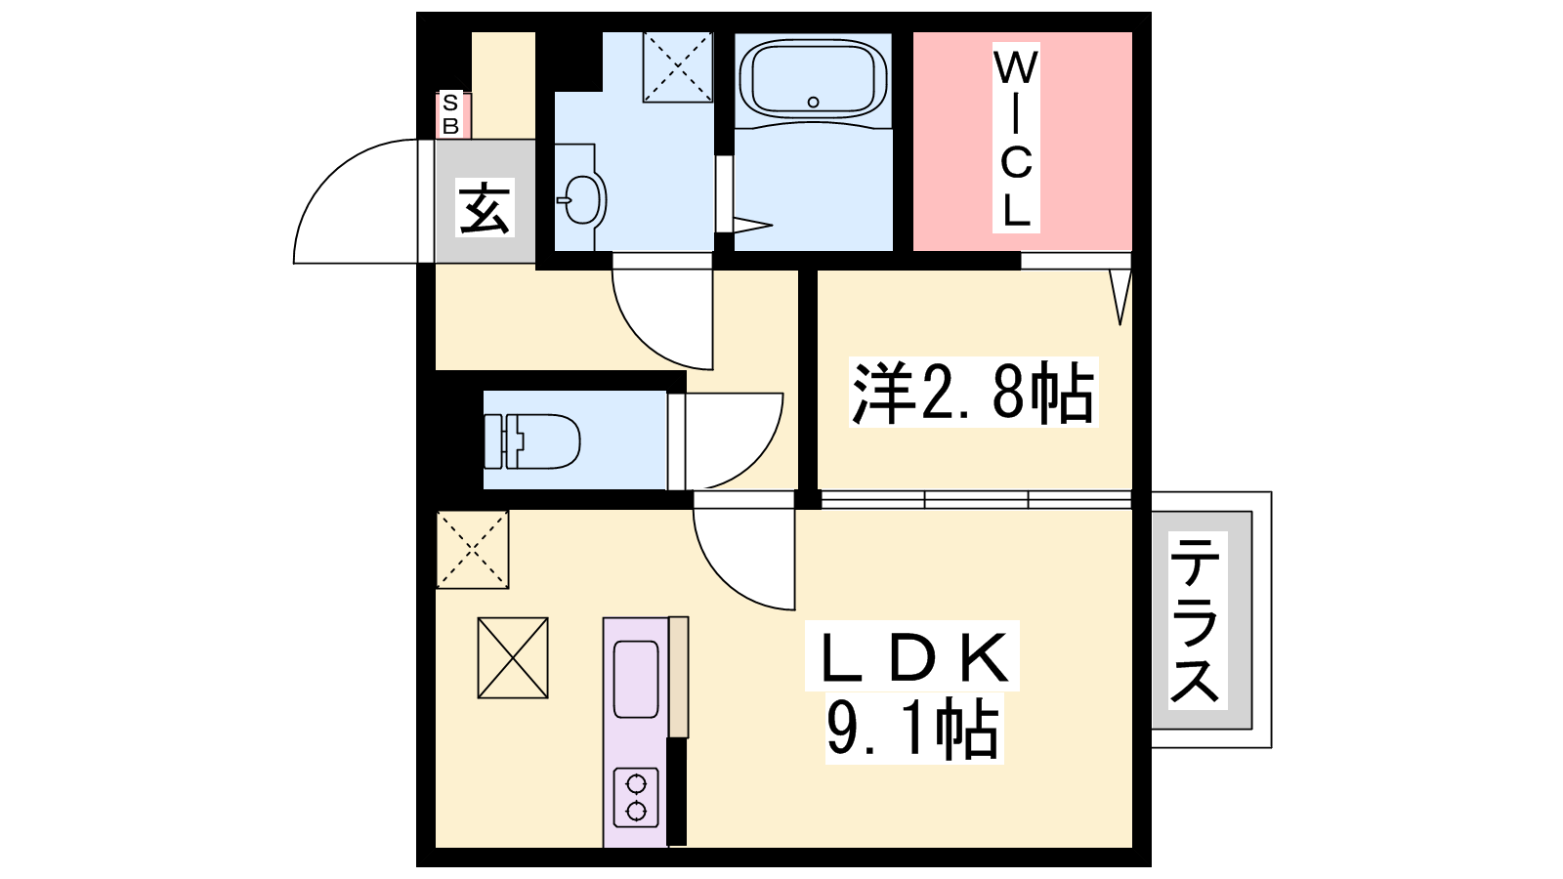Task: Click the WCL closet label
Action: [1016, 138]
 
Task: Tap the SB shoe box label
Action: [450, 114]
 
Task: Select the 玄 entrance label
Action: [485, 207]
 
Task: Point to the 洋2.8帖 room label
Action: [973, 392]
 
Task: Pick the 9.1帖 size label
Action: [913, 729]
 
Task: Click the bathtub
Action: [814, 79]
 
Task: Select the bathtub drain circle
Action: [814, 102]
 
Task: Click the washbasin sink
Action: [581, 199]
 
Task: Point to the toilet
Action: [532, 440]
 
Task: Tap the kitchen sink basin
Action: [636, 680]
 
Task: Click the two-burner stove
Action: [636, 797]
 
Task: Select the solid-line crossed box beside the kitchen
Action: [513, 658]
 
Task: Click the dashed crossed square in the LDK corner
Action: [473, 550]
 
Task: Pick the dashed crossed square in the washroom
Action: [678, 67]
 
